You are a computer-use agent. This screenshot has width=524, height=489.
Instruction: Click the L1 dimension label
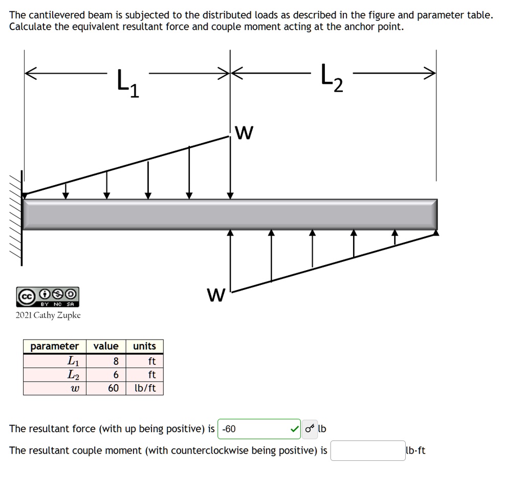127,83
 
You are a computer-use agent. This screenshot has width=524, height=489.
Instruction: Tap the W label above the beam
246,134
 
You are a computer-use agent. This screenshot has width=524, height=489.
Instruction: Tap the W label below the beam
216,295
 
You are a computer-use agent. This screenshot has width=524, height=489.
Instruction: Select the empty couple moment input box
367,451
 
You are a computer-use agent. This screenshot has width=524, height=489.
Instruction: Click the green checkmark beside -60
294,429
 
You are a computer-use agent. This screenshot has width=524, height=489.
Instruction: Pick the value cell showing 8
116,361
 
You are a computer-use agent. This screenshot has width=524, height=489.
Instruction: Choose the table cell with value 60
113,388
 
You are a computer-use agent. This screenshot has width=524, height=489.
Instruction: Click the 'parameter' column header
55,346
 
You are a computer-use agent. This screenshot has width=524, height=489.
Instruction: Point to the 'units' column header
144,346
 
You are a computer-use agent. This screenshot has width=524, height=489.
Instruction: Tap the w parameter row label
72,388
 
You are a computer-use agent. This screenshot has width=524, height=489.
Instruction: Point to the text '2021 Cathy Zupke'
48,315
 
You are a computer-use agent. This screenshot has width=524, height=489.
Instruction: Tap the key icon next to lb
309,429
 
